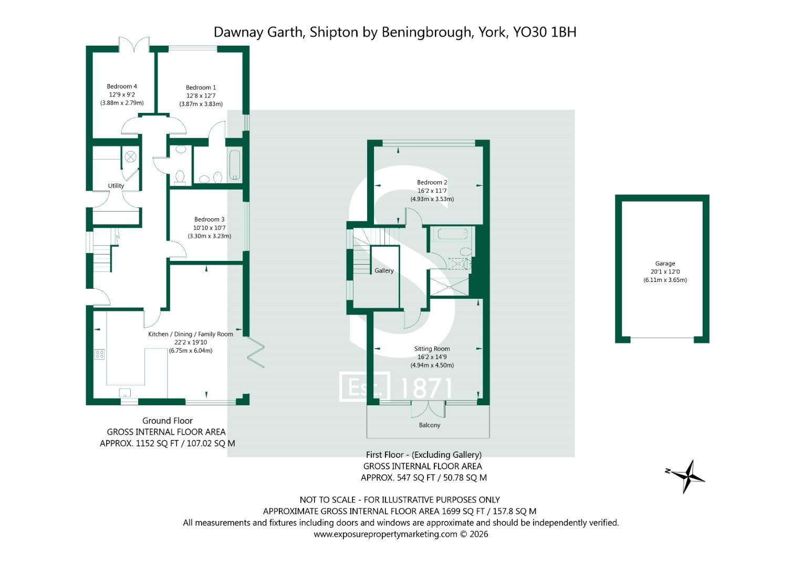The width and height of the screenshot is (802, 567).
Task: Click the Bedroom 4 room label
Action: (122, 86)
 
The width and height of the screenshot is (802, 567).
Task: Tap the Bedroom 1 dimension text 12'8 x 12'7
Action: (201, 96)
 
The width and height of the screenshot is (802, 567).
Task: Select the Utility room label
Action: (116, 186)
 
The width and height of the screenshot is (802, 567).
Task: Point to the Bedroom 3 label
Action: (210, 219)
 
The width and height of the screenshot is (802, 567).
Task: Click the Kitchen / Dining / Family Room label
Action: (191, 334)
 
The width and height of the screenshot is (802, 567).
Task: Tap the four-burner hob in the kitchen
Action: (100, 354)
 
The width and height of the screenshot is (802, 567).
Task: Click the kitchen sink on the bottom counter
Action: (125, 392)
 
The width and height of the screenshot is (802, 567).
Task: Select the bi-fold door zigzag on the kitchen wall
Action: (256, 352)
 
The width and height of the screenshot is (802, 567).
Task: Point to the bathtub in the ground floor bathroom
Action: (235, 165)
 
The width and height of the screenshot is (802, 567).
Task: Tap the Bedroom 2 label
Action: (432, 183)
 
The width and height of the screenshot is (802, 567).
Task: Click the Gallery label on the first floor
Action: (384, 270)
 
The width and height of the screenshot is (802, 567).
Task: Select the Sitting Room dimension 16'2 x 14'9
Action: (432, 357)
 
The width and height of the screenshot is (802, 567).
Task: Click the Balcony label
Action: (430, 425)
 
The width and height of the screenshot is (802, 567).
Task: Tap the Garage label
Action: (665, 264)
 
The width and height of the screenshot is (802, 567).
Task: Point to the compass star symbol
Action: (687, 477)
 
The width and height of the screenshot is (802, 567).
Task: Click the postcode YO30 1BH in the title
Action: (545, 32)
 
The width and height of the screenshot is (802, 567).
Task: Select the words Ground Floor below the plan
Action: (168, 421)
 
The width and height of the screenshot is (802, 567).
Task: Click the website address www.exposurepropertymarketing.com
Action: (386, 534)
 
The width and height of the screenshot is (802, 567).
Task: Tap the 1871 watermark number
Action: (426, 388)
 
